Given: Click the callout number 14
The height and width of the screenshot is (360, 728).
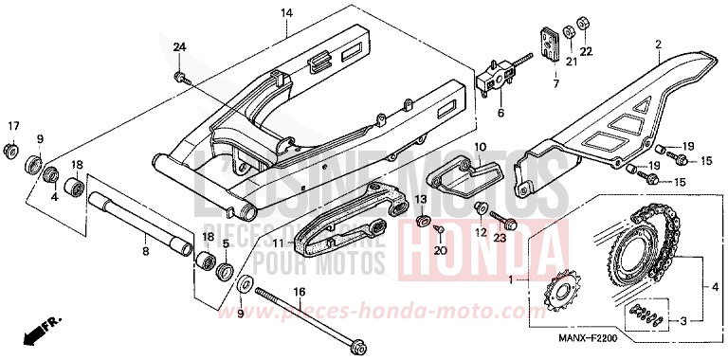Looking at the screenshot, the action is point(286,13).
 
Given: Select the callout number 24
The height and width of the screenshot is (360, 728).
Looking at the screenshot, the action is point(179,47).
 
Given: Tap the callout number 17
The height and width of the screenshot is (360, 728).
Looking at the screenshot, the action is point(13,127).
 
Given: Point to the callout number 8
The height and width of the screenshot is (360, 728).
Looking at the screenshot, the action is point(145,252).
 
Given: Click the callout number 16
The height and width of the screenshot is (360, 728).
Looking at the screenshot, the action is point(299,292).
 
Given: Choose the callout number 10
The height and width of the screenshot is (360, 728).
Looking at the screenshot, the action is point(480,148).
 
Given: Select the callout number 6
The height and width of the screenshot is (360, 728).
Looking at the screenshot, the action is point(500,113).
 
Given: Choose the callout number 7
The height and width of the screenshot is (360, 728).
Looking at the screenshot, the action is point(556,84).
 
